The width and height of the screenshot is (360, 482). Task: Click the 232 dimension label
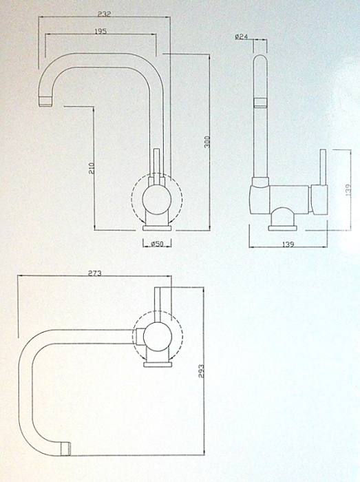coord(105,14)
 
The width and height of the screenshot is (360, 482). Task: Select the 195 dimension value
coord(100,32)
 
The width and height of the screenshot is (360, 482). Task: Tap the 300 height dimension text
coord(207,142)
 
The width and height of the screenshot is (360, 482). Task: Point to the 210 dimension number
coord(92,169)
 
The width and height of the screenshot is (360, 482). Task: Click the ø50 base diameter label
coord(157,244)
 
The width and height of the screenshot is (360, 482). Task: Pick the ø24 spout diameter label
coord(242,37)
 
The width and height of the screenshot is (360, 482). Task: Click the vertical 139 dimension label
coord(348,191)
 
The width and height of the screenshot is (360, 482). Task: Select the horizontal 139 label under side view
coord(288,244)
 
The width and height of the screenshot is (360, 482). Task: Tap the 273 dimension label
coord(95,273)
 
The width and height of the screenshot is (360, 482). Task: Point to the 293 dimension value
coord(201,370)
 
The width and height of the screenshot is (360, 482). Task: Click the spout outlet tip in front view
coord(45,101)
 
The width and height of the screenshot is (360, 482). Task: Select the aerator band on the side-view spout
coord(260,103)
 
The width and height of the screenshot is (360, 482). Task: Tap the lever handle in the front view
coord(157,164)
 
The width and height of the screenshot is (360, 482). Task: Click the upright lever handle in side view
coord(323,167)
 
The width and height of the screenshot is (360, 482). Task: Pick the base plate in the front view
coord(157,228)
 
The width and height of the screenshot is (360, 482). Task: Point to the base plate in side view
coord(283,228)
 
